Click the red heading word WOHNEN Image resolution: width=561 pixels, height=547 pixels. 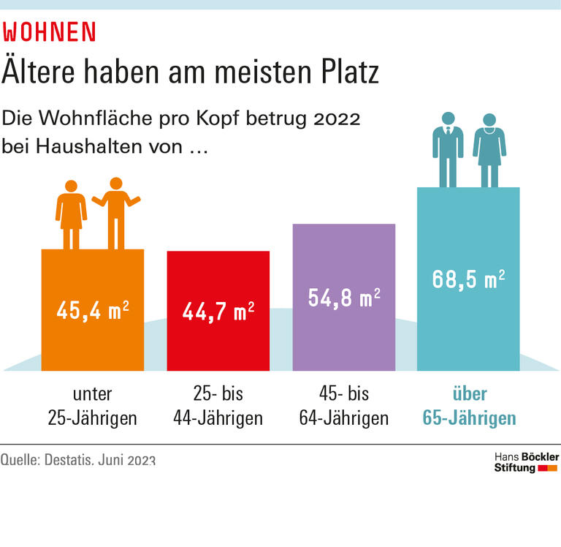tap(50, 32)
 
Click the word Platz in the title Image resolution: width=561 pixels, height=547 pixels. tap(346, 72)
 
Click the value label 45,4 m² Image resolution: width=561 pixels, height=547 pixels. tap(93, 309)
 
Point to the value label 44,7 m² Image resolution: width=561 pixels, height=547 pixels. tap(218, 312)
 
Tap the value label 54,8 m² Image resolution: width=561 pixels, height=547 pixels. tap(344, 298)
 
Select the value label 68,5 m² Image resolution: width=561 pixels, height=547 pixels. tap(468, 280)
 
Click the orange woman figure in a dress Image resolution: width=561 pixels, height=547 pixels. tap(71, 214)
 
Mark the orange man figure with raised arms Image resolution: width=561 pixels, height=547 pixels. tap(115, 212)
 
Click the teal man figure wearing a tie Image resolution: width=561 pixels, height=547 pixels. tap(447, 148)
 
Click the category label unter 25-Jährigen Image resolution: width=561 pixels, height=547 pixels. tap(93, 406)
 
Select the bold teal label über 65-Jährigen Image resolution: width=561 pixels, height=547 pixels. tap(469, 406)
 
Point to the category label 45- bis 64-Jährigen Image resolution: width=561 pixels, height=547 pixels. tap(344, 406)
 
